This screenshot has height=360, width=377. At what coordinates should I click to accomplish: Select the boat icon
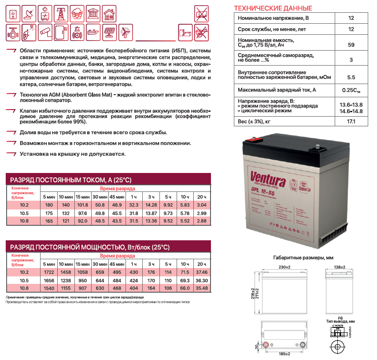click(92, 32)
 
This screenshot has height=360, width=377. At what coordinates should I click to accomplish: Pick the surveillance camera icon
click(44, 32)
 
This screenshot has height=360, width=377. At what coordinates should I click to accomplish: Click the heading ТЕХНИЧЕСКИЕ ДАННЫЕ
click(273, 8)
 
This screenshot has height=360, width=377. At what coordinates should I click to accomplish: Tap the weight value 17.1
click(351, 121)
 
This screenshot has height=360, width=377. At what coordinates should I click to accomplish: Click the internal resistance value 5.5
click(351, 77)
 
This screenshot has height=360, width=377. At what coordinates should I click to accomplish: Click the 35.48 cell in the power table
click(202, 288)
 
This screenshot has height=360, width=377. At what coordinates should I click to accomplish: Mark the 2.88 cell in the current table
click(202, 220)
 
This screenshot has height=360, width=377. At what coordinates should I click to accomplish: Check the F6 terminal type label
click(340, 318)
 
